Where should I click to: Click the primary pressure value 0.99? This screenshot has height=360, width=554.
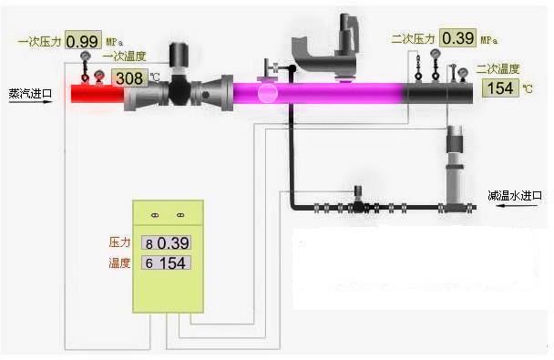83,41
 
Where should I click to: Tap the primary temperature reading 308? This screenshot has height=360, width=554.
129,78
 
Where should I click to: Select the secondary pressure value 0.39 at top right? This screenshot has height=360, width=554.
457,37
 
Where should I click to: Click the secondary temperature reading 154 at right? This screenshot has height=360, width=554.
500,88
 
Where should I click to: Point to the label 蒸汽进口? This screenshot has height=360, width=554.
30,94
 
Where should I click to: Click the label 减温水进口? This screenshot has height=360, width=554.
515,195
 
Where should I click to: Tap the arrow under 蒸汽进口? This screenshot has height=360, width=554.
30,102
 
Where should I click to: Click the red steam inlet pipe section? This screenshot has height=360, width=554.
97,94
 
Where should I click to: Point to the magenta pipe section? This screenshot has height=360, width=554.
318,93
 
